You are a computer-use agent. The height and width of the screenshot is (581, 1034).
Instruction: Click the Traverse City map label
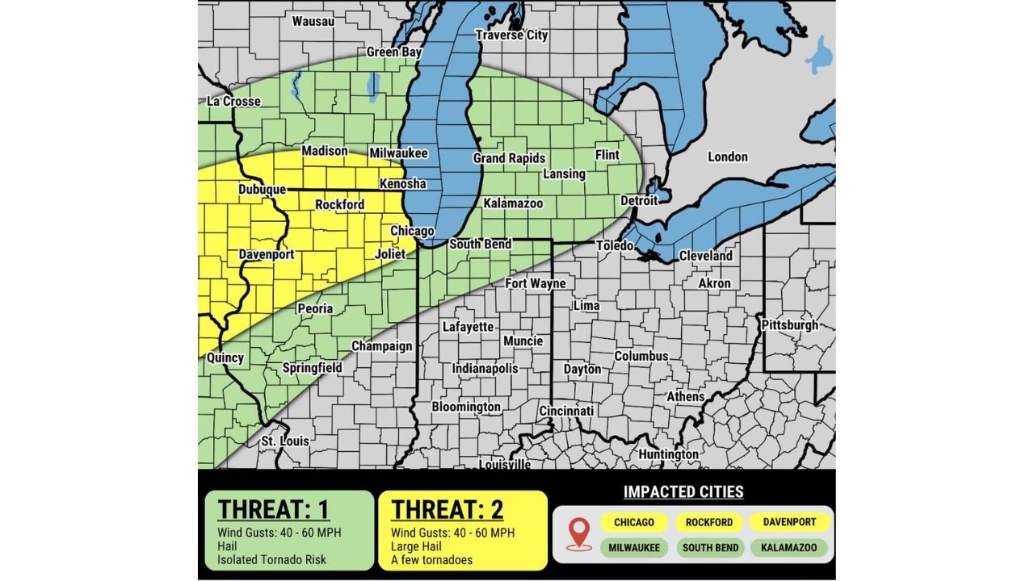tap(511, 35)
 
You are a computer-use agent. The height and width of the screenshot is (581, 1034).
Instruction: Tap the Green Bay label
tap(394, 52)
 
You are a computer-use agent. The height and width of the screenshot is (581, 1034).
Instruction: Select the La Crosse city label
tap(233, 102)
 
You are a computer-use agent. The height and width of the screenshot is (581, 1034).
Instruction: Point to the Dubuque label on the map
tap(262, 190)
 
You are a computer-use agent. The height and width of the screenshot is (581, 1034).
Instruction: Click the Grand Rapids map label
tap(509, 158)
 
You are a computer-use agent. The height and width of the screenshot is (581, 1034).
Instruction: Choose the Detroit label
tap(639, 199)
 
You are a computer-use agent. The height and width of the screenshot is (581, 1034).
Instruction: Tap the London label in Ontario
tap(727, 157)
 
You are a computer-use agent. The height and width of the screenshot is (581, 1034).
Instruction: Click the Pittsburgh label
tap(789, 325)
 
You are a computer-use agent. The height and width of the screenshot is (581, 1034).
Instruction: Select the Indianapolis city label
tap(485, 368)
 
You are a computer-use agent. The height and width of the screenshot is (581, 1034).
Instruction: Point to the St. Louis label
tap(284, 441)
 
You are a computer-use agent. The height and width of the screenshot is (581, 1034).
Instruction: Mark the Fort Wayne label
tap(536, 283)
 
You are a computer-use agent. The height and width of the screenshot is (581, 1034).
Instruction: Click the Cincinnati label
tap(566, 411)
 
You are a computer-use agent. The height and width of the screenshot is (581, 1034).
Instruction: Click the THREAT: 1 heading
tap(274, 510)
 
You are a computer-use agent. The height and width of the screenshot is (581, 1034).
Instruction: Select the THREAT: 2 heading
tap(448, 510)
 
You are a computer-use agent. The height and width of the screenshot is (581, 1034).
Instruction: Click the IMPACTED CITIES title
tap(683, 491)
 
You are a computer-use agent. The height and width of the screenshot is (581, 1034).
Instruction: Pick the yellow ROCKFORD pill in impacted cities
tap(709, 522)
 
